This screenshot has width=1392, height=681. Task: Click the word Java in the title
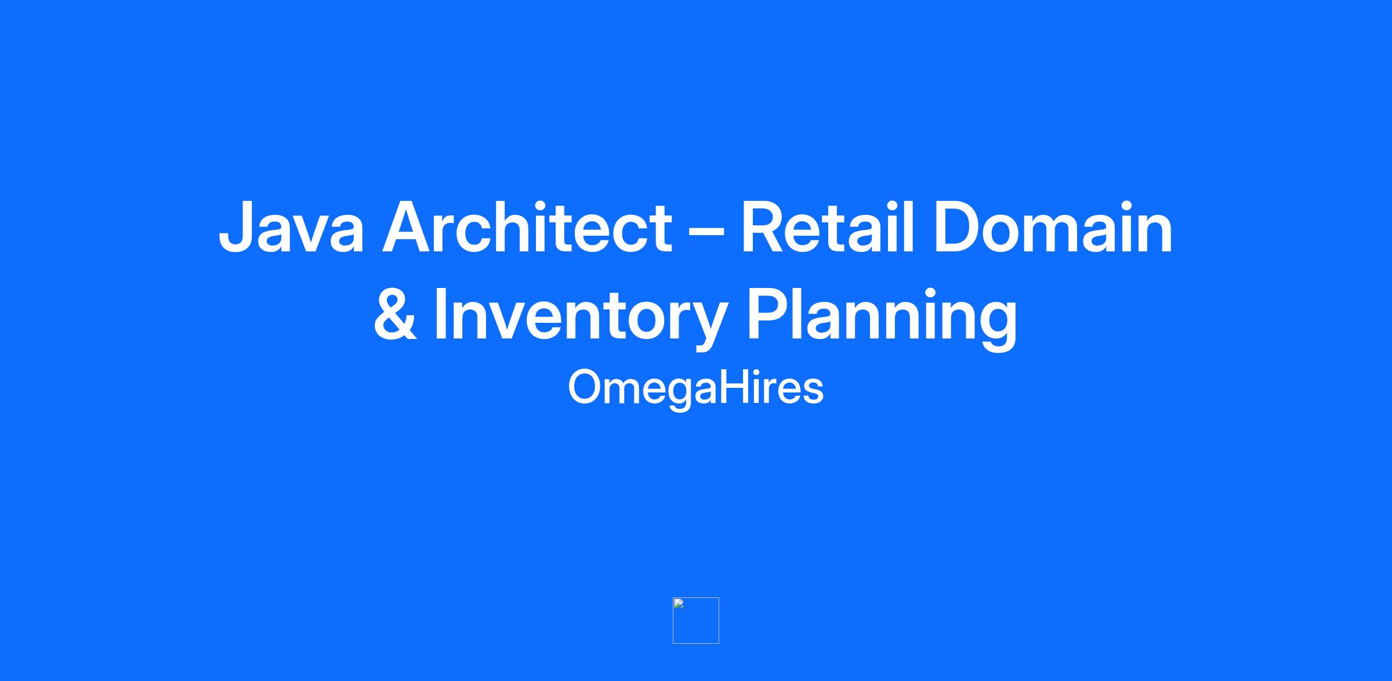pos(292,228)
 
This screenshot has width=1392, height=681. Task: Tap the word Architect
pos(527,226)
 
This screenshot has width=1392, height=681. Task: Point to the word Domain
pos(1053,226)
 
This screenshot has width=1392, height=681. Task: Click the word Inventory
pos(581,318)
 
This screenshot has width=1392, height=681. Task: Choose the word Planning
pos(882,318)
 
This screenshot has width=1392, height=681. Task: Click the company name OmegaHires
pos(696,388)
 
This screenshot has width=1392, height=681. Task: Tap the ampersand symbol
pos(395,314)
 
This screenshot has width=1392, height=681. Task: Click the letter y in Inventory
pos(707,325)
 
